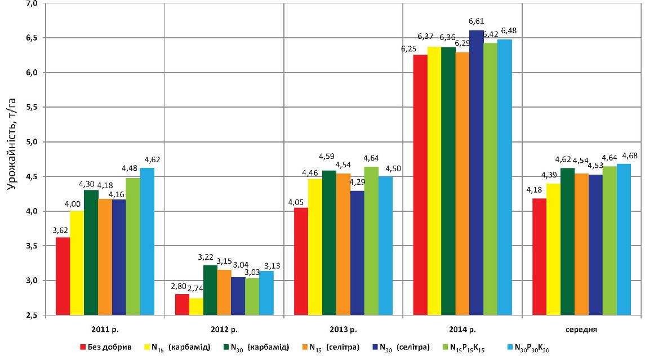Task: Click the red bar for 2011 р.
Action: (63, 276)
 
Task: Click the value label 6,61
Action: (477, 22)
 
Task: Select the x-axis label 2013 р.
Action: (343, 328)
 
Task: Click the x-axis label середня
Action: (582, 328)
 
